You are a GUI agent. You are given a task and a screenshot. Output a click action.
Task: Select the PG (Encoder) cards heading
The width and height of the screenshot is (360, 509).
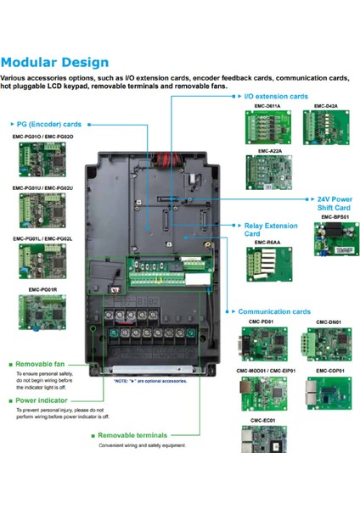point(51,123)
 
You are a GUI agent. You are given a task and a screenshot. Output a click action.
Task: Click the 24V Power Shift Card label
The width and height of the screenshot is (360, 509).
point(332,203)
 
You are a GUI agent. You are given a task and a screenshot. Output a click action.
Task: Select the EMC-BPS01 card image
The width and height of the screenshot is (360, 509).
point(332,243)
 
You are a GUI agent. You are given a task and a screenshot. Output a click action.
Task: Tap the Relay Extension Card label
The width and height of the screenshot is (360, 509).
point(264,230)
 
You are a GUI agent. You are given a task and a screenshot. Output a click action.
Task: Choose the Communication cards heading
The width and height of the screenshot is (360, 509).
point(274,311)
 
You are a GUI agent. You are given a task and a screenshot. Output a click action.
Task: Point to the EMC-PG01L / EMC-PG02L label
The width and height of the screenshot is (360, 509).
point(42,239)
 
